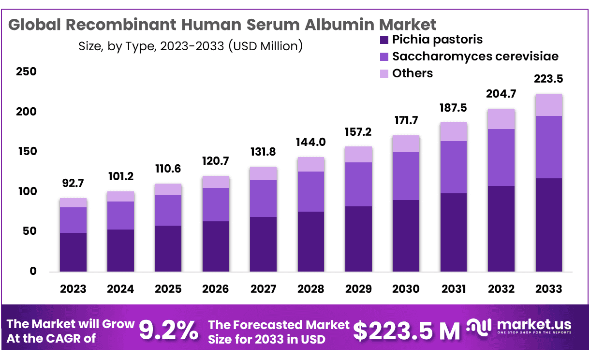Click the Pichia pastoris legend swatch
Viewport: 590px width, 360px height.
point(384,40)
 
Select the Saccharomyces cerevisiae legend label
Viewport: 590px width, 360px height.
point(475,57)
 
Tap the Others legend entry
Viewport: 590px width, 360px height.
point(412,73)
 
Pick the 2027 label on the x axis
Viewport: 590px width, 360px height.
point(263,289)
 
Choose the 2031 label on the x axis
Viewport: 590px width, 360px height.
point(454,289)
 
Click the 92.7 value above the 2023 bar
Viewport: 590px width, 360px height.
point(73,184)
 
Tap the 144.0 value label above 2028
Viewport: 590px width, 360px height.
point(311,142)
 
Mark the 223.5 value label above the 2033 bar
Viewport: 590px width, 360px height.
point(549,79)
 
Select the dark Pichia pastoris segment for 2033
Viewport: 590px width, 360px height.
point(549,225)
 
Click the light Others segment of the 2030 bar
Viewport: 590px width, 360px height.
point(406,144)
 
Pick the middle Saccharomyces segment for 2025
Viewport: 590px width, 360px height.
point(168,210)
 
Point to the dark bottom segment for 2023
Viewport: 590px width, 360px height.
point(73,252)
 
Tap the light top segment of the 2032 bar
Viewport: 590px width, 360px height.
point(501,119)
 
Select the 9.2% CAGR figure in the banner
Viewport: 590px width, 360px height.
point(168,331)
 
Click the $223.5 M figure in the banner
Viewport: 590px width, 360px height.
point(406,331)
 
